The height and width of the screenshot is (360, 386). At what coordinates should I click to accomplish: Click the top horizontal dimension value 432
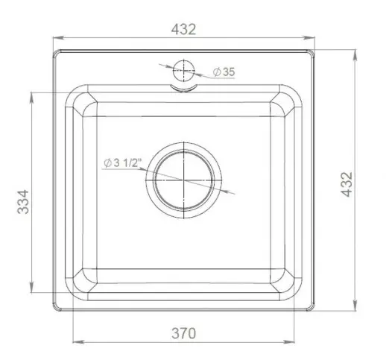[x=183, y=29]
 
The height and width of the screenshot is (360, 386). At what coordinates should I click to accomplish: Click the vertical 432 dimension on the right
[x=347, y=184]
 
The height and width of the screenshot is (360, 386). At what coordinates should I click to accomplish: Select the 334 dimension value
[x=23, y=202]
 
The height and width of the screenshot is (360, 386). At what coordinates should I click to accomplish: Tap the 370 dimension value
[x=183, y=333]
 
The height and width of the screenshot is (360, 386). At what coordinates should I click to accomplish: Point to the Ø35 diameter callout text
[x=224, y=72]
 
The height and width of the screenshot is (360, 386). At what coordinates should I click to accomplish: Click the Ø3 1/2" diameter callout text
[x=122, y=163]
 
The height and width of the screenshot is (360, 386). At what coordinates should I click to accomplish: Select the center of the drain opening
[x=183, y=180]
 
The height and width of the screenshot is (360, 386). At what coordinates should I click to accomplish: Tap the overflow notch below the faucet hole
[x=183, y=89]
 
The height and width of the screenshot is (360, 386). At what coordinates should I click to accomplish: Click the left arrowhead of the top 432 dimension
[x=59, y=38]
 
